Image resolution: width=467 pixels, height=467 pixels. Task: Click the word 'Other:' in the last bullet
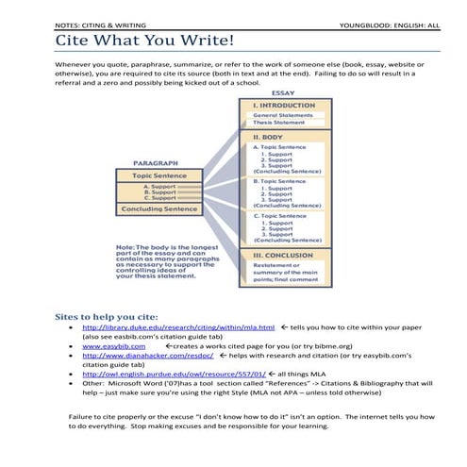94,384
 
